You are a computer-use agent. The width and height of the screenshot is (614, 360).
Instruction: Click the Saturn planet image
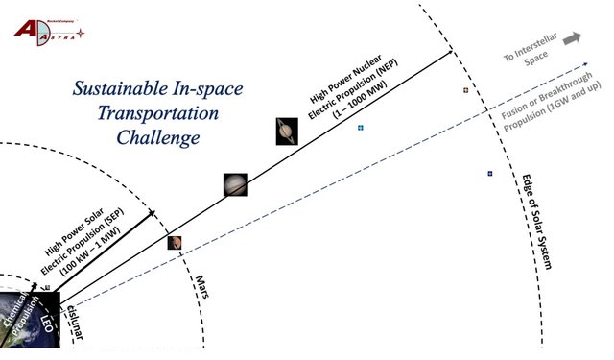point(287,131)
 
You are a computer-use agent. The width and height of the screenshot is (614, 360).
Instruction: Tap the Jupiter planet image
point(235,183)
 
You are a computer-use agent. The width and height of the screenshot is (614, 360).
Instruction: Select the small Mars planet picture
point(175,242)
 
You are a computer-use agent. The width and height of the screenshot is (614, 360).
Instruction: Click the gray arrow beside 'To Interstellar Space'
point(572,38)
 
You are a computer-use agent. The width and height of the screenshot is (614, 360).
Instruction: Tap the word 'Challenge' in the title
point(158,137)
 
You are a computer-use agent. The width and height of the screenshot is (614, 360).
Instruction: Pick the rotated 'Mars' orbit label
point(201,286)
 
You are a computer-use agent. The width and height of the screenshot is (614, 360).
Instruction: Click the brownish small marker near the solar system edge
point(466,90)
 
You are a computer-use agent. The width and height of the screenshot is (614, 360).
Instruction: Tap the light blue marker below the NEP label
point(361,128)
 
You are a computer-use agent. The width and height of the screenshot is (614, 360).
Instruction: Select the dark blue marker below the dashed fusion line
point(489,174)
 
